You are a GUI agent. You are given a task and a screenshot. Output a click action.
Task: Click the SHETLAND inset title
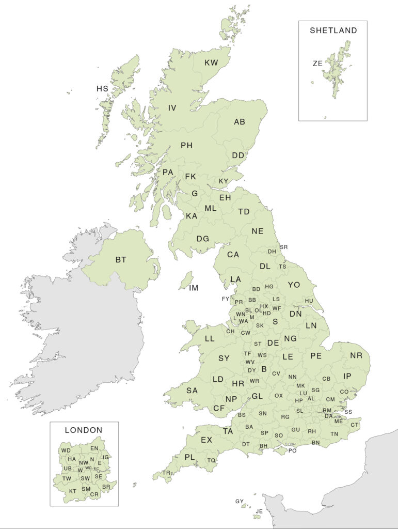[333, 30]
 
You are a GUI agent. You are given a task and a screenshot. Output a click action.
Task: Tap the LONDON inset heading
[84, 430]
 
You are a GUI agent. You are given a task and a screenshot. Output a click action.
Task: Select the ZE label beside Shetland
[317, 64]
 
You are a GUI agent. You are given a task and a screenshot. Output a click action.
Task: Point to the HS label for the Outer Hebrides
[102, 89]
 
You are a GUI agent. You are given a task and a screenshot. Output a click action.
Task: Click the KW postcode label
[211, 63]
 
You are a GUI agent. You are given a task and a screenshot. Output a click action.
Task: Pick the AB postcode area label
[240, 122]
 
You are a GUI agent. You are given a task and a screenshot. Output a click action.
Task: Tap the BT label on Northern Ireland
[121, 259]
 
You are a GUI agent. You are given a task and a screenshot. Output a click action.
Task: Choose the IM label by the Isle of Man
[193, 288]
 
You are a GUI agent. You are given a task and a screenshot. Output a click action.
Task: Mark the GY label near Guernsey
[239, 501]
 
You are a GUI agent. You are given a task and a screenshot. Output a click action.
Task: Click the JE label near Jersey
[259, 511]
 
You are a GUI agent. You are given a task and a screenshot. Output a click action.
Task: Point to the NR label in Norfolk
[356, 355]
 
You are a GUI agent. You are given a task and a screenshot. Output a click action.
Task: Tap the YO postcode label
[294, 285]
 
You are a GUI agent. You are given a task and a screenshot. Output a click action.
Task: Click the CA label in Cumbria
[233, 255]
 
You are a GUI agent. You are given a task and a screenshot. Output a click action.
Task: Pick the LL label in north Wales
[209, 339]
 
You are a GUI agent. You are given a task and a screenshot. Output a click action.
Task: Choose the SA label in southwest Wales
[192, 391]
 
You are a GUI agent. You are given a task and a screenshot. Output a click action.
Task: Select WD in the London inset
[66, 450]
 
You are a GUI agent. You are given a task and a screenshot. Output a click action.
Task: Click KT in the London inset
[73, 491]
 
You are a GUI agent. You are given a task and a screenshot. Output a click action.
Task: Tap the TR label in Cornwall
[166, 473]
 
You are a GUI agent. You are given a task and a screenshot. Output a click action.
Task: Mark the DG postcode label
[203, 239]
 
